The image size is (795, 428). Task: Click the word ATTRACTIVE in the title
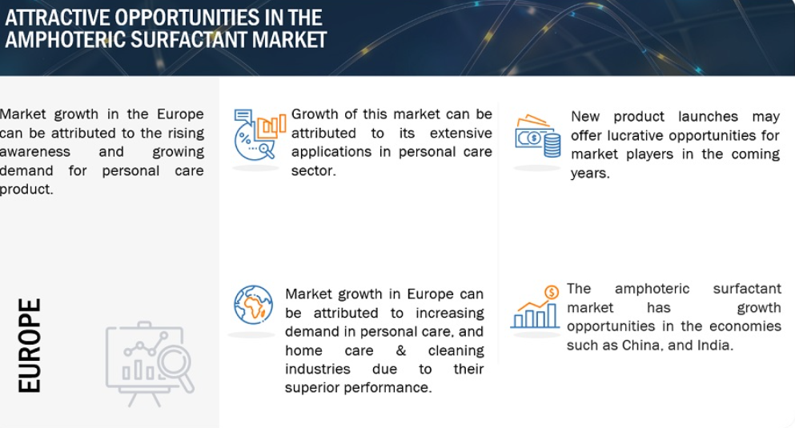pos(58,18)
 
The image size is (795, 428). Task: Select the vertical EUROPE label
pos(30,346)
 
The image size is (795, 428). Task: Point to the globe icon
pos(253,305)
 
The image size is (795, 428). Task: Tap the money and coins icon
pos(538,136)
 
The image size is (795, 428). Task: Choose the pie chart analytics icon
pos(260,134)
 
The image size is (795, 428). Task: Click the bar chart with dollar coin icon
pos(535,307)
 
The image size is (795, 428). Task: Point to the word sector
pos(313,170)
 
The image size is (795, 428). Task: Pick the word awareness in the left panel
pos(35,151)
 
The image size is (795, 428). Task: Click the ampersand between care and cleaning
pos(400,350)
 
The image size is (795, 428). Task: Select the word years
pos(590,174)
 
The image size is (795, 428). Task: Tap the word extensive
pos(461,133)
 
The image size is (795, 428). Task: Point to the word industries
pos(317,369)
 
